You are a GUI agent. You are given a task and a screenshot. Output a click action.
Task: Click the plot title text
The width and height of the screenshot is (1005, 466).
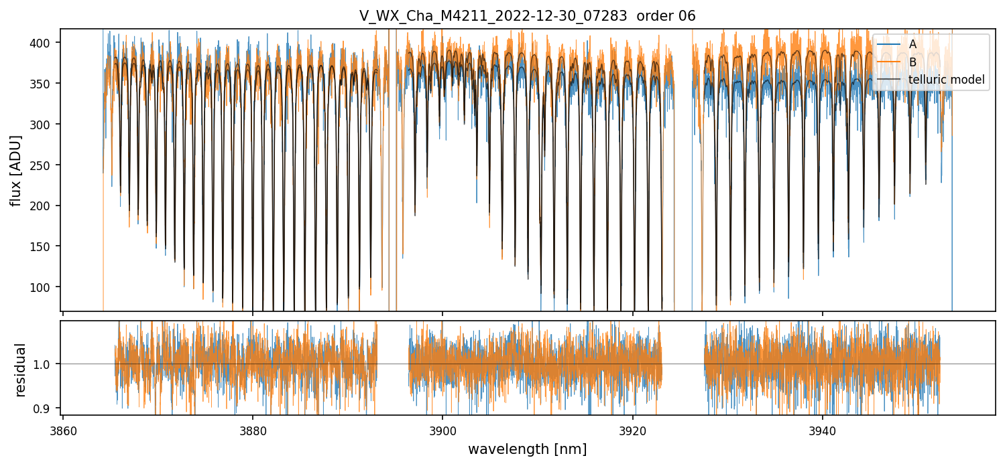pos(527,16)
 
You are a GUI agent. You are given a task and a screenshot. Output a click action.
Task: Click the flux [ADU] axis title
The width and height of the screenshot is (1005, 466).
pos(15,170)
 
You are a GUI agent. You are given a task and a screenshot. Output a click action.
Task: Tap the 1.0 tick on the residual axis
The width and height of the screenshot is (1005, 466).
pos(48,364)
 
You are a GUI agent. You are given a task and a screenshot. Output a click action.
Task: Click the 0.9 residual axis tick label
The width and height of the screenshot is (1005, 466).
pos(48,408)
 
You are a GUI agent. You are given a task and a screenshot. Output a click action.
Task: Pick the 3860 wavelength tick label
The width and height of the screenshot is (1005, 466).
pos(63,429)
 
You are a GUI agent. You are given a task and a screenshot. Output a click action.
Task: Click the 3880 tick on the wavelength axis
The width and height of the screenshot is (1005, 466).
pos(253,429)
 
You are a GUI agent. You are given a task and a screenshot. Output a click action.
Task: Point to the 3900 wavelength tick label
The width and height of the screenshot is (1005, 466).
pos(442,429)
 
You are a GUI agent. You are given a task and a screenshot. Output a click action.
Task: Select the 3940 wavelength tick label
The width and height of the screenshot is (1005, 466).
pos(823,429)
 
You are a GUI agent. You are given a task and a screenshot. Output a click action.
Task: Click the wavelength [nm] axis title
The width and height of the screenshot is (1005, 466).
pos(527,449)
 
